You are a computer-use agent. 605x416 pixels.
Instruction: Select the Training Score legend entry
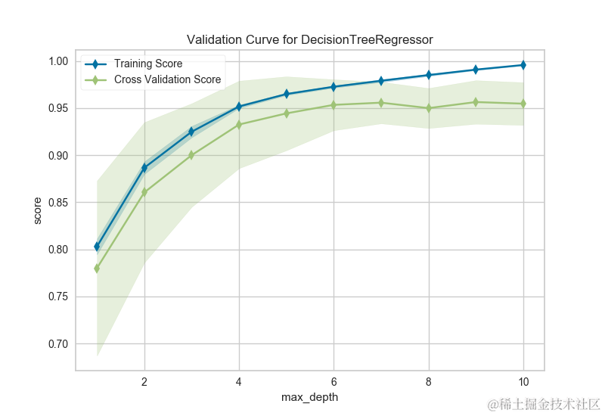(x=147, y=64)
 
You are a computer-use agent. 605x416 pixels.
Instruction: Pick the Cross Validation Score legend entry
(x=167, y=79)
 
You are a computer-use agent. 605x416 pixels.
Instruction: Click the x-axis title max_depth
(x=309, y=396)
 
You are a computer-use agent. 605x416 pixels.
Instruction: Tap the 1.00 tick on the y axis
(x=58, y=61)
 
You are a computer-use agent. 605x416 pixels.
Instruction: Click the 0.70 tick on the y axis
(x=58, y=344)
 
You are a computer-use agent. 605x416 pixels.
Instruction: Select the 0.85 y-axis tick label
(x=58, y=203)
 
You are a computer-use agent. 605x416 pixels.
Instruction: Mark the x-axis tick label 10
(x=523, y=381)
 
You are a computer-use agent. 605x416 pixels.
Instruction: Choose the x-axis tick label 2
(x=144, y=381)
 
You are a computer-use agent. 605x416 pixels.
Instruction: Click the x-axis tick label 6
(x=334, y=381)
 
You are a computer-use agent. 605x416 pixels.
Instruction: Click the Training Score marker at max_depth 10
(x=523, y=65)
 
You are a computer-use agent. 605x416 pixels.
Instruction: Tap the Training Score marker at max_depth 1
(x=97, y=247)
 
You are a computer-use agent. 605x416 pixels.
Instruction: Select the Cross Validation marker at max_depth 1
(x=97, y=269)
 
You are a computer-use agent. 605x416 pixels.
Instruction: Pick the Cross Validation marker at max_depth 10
(x=523, y=104)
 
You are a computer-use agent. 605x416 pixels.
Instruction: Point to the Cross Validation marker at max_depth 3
(x=191, y=155)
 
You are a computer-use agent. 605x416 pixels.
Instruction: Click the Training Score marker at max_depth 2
(x=144, y=168)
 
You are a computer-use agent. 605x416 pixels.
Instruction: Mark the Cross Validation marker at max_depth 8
(x=429, y=108)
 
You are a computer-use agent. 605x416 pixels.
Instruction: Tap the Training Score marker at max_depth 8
(x=429, y=75)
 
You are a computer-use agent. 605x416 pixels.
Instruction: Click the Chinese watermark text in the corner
(x=544, y=403)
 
